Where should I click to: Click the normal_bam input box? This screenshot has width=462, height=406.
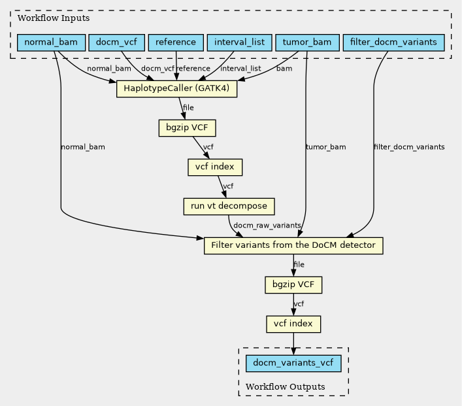pos(51,42)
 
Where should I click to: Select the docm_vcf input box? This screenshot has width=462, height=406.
pos(117,42)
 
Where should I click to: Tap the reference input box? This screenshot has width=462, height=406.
pos(176,42)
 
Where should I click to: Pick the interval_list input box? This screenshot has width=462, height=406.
pos(240,42)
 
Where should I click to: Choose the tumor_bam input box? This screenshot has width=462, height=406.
pos(307,42)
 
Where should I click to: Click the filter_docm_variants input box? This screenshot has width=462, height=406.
pos(393,42)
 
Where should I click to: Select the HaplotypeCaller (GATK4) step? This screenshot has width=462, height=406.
pos(177,89)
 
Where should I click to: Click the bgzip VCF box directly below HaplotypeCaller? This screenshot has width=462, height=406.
pos(187,128)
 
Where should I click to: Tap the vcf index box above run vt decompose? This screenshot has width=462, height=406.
pos(215,167)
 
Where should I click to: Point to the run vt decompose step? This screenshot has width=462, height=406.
pos(229,207)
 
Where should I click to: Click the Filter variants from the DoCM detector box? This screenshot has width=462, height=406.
pos(293,246)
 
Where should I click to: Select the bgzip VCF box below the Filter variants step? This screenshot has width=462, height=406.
pos(293,285)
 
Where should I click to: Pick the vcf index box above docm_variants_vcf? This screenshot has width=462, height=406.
pos(293,324)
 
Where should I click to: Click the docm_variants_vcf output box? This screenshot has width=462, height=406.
pos(293,364)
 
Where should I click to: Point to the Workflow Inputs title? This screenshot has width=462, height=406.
pos(54,18)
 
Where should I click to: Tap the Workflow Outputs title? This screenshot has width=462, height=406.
pos(285,386)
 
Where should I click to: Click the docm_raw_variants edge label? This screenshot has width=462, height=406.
pos(267,226)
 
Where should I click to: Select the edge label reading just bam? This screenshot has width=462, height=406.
pos(284,69)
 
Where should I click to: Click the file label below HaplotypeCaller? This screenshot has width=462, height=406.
pos(188,108)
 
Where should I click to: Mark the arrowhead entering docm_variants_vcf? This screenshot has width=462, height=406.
pos(293,351)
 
